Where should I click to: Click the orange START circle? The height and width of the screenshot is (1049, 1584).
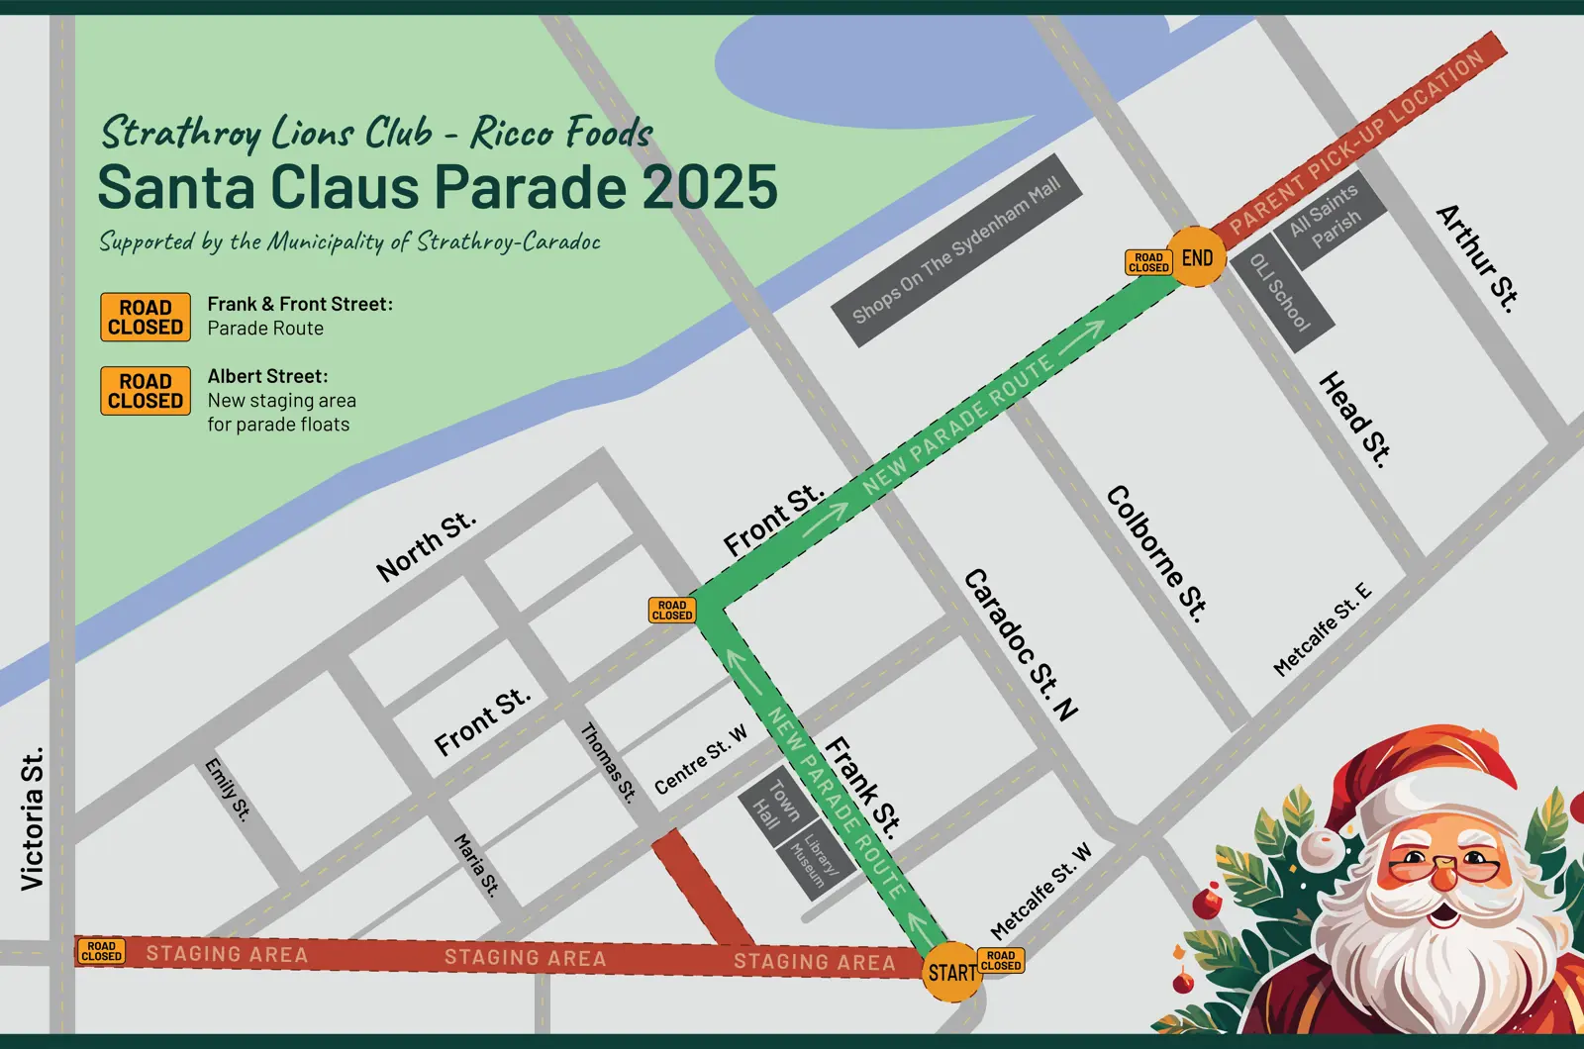(x=951, y=972)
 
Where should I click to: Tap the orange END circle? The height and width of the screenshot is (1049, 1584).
(x=1196, y=258)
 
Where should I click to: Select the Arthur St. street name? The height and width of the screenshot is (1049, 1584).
(x=1477, y=257)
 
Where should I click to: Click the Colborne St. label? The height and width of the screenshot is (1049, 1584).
(x=1156, y=553)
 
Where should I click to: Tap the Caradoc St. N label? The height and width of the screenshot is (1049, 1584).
(x=1021, y=644)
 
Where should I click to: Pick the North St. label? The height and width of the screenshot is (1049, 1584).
(x=427, y=546)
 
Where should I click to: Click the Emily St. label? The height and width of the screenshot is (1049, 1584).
(x=227, y=789)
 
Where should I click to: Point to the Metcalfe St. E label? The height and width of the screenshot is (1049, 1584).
(x=1323, y=629)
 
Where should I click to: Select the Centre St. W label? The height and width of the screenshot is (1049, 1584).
(x=701, y=760)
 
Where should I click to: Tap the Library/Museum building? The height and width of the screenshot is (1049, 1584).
(x=814, y=860)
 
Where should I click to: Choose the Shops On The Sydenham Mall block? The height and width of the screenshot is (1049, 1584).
(x=955, y=251)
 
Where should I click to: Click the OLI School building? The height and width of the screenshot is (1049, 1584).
(x=1281, y=291)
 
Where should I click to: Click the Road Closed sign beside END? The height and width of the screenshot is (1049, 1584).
(x=1148, y=262)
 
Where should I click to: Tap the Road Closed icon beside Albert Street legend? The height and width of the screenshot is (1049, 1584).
(x=146, y=391)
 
